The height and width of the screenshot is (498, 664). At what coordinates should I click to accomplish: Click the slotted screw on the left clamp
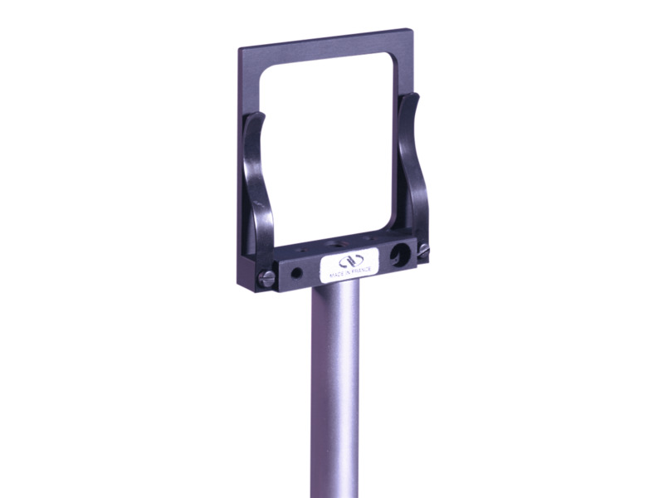point(266,280)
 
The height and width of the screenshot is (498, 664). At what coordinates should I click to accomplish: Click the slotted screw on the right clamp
point(424,249)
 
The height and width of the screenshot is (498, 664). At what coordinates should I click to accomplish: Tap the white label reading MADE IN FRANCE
point(349,263)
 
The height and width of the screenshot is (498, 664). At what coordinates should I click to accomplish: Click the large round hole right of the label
point(403,255)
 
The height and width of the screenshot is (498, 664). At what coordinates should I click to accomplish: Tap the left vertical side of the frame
point(245,166)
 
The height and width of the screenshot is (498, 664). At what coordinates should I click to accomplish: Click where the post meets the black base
point(335,285)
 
